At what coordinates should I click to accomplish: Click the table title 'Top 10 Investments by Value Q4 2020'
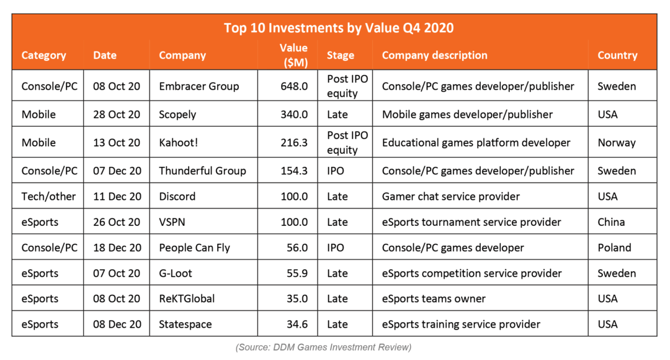[339, 28]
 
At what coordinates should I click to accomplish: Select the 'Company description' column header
[434, 55]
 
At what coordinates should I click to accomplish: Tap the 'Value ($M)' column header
[293, 55]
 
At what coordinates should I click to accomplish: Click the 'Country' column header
[617, 55]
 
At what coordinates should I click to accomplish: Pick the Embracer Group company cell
[199, 86]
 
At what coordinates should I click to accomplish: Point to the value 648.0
[294, 86]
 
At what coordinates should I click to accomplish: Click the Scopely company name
[177, 115]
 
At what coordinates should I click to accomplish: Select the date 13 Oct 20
[116, 142]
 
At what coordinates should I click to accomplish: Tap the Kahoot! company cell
[178, 142]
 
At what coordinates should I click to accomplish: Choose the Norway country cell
[616, 142]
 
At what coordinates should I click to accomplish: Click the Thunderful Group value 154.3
[294, 171]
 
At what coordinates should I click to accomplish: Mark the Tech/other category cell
[48, 196]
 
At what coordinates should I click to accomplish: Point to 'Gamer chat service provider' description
[451, 196]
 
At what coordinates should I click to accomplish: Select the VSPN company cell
[172, 222]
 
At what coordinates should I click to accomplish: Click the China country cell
[611, 222]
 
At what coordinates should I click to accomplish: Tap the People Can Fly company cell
[194, 248]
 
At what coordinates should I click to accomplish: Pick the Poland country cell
[614, 248]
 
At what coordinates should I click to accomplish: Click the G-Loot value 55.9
[297, 273]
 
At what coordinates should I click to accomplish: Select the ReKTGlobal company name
[187, 299]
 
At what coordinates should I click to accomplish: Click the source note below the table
[323, 347]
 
